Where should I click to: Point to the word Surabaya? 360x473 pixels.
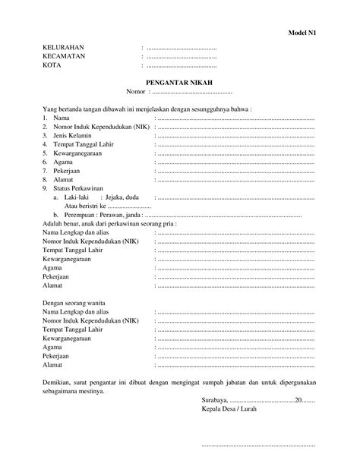coord(214,400)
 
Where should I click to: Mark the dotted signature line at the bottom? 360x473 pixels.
coord(258,445)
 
